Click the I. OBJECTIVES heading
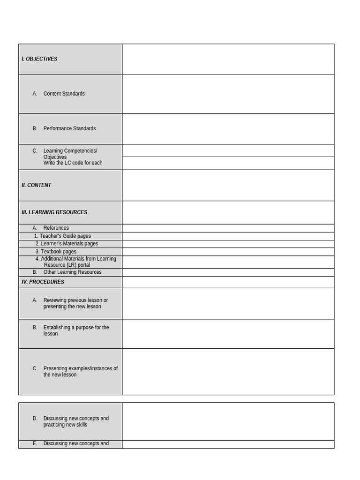39,59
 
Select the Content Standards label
64,94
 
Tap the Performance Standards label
69,128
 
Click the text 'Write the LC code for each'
73,163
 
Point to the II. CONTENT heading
37,185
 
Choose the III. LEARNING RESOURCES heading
54,212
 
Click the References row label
56,228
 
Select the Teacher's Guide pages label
65,236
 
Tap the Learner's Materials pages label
69,244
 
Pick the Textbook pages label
59,252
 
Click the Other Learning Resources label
72,272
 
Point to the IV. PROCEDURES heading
43,282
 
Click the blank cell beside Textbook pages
228,252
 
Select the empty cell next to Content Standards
228,94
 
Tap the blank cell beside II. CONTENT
228,185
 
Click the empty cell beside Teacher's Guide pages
228,236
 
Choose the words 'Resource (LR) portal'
67,265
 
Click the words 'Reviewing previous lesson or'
75,300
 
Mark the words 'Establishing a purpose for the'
76,328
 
